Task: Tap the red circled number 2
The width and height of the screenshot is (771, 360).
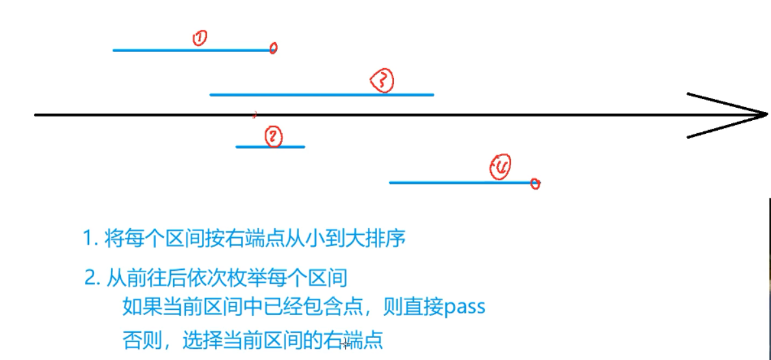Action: (x=274, y=137)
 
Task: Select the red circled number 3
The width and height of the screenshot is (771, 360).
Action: (x=382, y=81)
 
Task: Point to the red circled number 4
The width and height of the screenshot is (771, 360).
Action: (x=500, y=168)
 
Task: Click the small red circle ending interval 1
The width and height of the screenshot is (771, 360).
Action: (x=273, y=48)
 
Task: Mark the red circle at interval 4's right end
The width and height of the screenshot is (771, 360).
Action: (x=535, y=184)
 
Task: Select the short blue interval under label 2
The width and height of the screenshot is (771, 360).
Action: (x=270, y=147)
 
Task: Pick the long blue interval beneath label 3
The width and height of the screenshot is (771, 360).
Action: (x=321, y=95)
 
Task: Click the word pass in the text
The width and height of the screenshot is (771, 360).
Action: (x=465, y=306)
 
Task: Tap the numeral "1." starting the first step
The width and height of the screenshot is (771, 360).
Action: (x=90, y=239)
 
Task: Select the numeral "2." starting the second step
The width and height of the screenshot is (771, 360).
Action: (x=92, y=279)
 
